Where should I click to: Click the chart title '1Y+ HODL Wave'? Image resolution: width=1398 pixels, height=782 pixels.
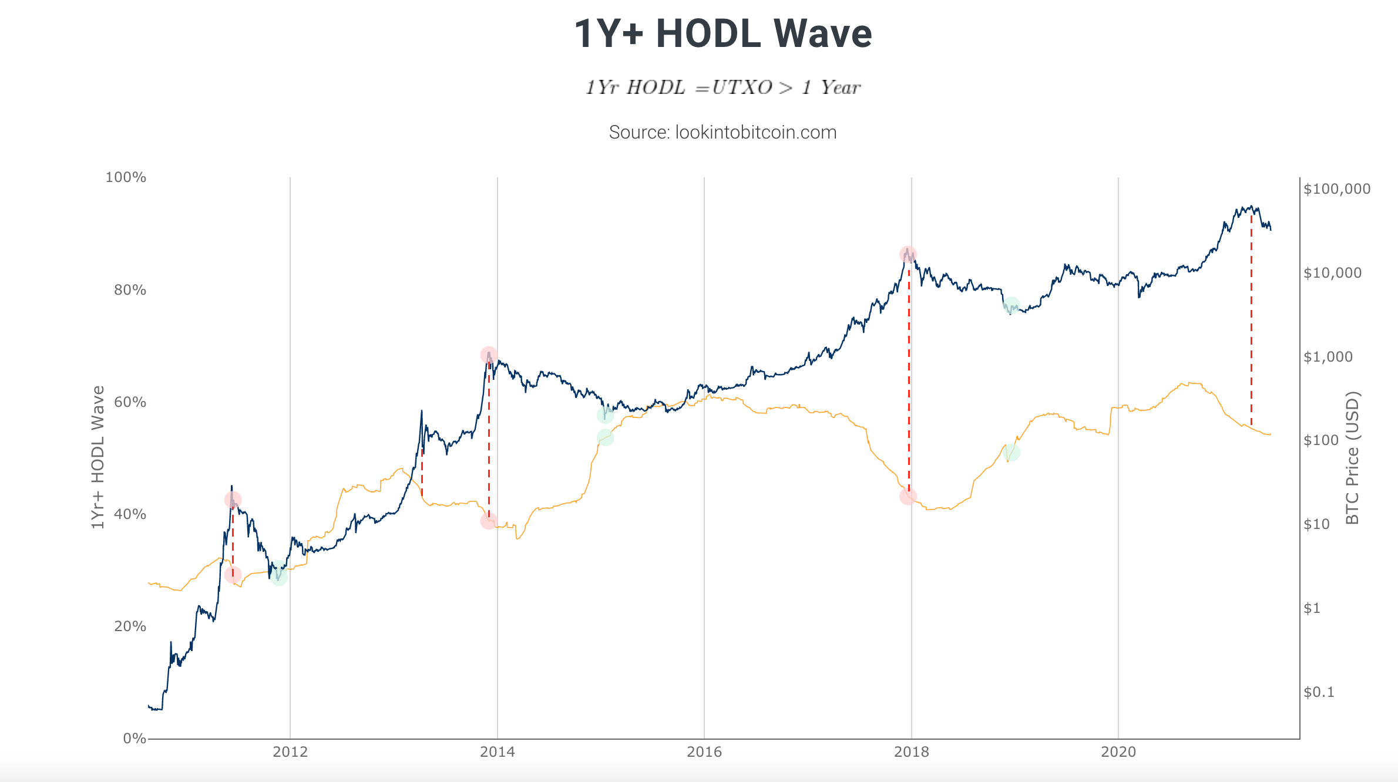click(x=722, y=33)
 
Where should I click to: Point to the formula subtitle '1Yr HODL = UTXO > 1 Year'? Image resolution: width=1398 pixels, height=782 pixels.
click(x=722, y=87)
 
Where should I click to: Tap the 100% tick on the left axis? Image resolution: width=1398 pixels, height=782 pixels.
click(x=126, y=177)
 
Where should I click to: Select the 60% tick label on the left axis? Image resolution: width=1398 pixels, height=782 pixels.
click(x=130, y=402)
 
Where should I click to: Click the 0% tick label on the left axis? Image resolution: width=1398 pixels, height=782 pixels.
click(x=135, y=739)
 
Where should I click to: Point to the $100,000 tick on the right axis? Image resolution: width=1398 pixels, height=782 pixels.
click(x=1337, y=189)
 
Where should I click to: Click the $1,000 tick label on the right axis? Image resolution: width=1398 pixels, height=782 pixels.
click(x=1328, y=357)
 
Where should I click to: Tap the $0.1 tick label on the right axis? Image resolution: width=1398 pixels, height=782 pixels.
click(x=1319, y=692)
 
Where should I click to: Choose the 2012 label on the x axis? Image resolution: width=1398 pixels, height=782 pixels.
click(x=290, y=752)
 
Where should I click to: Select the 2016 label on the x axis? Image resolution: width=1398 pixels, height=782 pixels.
click(x=704, y=752)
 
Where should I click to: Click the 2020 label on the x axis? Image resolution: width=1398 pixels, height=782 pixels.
click(x=1118, y=752)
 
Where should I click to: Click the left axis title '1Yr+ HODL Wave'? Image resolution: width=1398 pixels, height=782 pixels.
click(x=98, y=457)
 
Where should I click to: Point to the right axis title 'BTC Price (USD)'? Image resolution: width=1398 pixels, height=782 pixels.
click(x=1352, y=457)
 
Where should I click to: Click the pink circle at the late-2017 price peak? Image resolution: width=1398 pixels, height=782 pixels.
click(x=908, y=255)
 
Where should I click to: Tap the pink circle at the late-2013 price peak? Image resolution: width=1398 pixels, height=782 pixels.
click(x=489, y=355)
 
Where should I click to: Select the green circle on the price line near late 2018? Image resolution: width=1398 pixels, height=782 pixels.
click(x=1011, y=306)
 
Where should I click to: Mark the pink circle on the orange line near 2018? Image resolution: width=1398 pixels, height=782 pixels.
click(x=908, y=497)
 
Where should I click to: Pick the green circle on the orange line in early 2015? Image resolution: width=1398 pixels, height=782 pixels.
click(x=605, y=437)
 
